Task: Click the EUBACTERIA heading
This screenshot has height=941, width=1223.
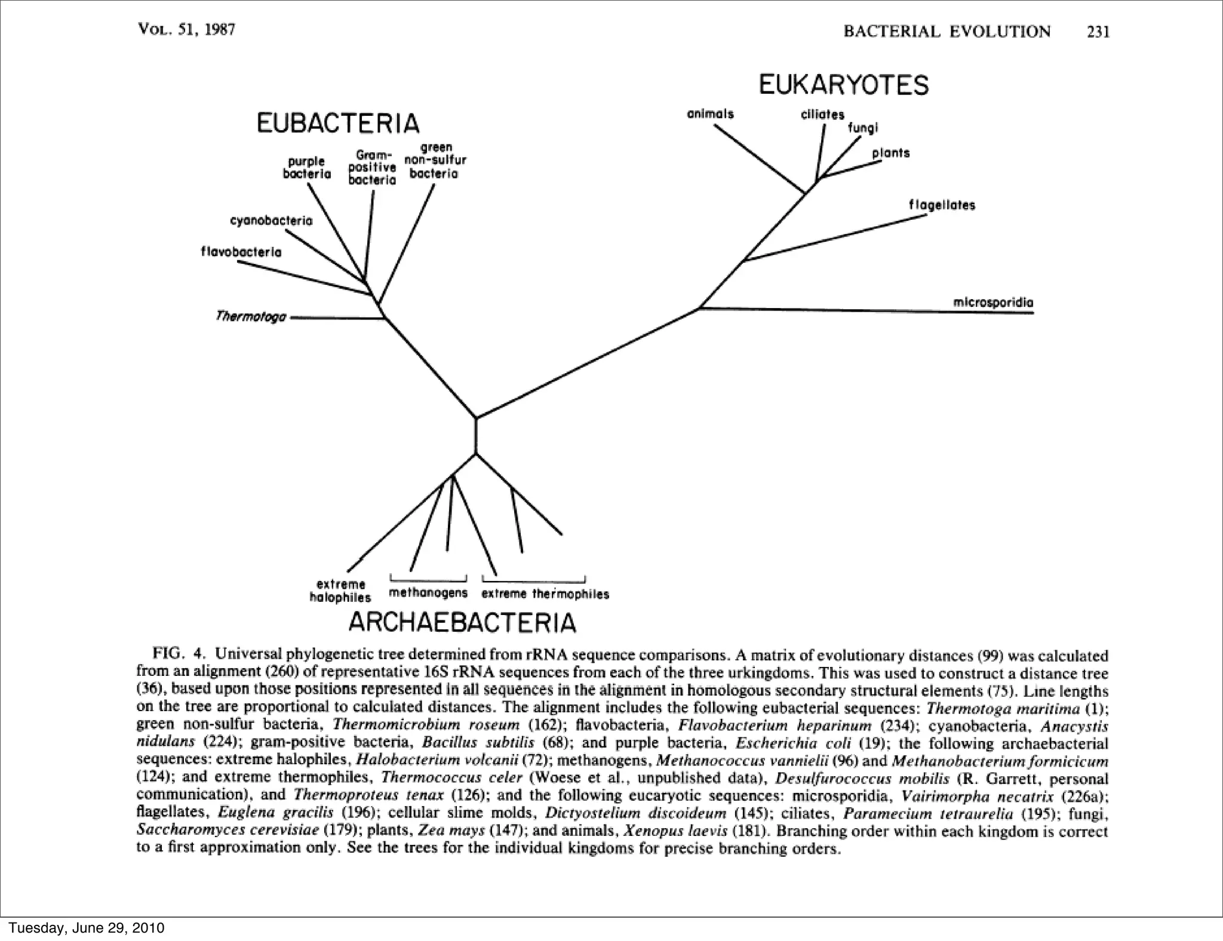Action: (338, 124)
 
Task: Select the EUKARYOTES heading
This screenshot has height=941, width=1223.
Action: (843, 85)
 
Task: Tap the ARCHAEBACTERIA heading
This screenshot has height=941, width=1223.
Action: (462, 623)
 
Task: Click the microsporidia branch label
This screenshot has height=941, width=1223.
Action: (993, 303)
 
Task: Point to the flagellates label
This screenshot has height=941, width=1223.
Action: (942, 205)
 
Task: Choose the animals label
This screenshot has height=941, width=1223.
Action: (710, 113)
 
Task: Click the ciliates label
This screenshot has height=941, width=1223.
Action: (822, 114)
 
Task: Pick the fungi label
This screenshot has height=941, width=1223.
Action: (863, 128)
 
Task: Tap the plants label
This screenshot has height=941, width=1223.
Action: (890, 153)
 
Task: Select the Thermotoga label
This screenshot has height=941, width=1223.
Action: (251, 316)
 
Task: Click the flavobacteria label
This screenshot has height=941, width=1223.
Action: (241, 252)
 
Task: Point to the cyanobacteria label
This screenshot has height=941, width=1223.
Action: (271, 221)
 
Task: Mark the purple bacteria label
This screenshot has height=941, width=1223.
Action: (307, 168)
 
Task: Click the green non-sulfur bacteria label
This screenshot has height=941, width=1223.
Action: (435, 161)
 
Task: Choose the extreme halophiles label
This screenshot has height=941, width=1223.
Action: (340, 591)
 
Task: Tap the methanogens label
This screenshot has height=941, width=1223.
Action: (428, 593)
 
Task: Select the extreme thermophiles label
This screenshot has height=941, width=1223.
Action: (545, 594)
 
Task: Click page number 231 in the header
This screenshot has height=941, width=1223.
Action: (1098, 32)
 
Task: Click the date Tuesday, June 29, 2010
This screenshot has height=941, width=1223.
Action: (86, 928)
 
